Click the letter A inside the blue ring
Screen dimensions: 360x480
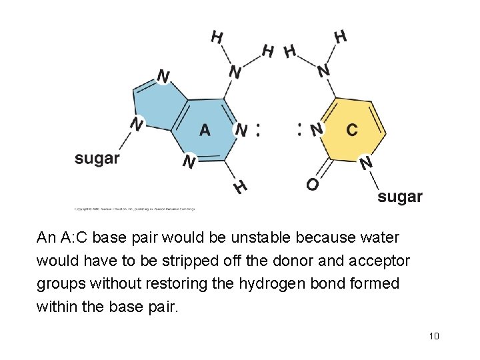pos(205,129)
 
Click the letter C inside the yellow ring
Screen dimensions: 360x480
pos(352,129)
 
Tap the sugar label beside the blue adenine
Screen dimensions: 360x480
pos(97,158)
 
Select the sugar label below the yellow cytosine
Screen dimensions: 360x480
pos(400,196)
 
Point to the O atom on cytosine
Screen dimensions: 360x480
pos(312,184)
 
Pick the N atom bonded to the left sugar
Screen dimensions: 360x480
pos(137,124)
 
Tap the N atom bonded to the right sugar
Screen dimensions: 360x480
pos(365,162)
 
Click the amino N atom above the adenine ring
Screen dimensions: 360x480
pos(235,71)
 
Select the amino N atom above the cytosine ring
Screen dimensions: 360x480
pos(323,70)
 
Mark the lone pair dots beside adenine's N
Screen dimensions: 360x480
pos(258,129)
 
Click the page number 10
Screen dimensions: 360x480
pos(435,335)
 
